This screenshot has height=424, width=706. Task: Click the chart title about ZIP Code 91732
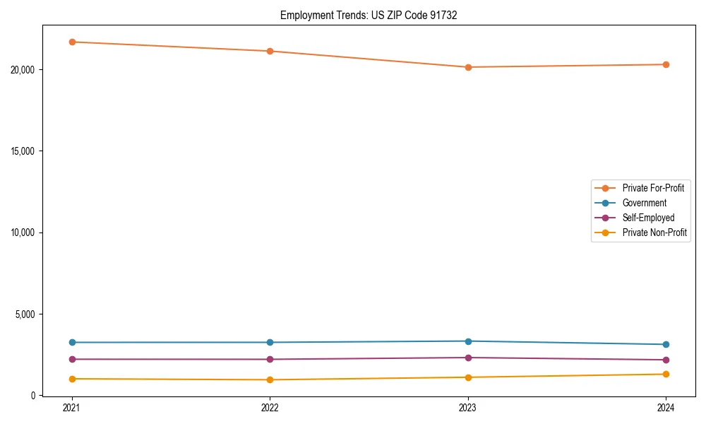(369, 15)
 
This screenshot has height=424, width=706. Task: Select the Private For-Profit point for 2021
(72, 42)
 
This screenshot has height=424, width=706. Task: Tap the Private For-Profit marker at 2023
(468, 67)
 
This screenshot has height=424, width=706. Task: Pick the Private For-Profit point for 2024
(666, 64)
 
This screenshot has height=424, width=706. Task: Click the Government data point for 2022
(270, 342)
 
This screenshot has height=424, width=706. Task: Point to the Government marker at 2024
(666, 344)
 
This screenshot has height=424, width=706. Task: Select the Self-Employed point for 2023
(468, 358)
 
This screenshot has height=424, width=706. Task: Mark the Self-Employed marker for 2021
(72, 359)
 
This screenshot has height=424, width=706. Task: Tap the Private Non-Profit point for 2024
(666, 374)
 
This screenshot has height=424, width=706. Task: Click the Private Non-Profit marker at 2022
(270, 379)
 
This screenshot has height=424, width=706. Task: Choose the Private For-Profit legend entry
(653, 188)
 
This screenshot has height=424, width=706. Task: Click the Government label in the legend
(644, 203)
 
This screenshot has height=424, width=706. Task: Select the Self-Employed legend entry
(648, 218)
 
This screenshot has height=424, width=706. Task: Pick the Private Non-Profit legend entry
(654, 232)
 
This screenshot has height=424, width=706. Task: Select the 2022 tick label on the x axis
(270, 407)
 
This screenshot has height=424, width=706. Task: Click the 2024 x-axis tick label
(666, 407)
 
